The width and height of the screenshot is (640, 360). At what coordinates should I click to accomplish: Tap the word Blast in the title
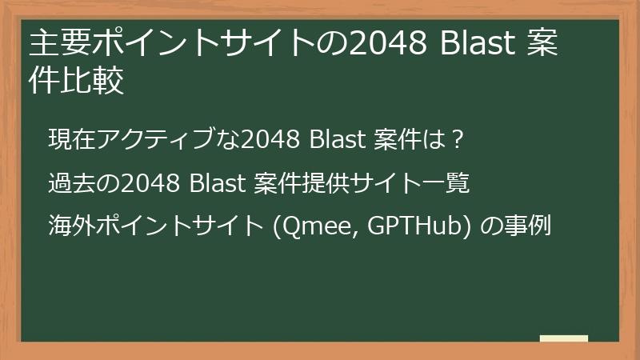[x=475, y=45]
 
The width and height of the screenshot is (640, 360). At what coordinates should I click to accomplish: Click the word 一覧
[x=449, y=183]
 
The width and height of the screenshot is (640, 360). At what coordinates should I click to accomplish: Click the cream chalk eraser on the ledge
[x=563, y=338]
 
